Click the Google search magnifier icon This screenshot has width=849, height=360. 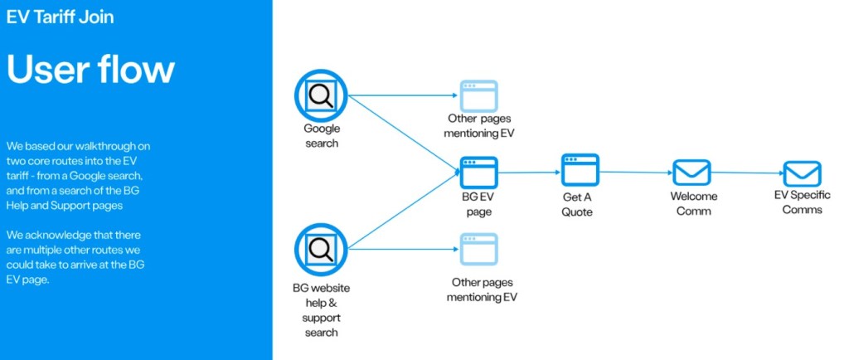321,95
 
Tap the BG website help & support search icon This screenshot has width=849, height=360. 321,250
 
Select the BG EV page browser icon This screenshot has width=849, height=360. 478,173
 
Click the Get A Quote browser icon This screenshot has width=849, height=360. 579,169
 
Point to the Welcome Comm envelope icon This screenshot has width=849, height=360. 691,173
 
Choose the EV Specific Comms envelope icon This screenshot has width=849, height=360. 802,173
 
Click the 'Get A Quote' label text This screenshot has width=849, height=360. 578,205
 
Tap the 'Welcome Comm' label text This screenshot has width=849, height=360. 694,203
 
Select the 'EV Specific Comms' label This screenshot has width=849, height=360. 803,203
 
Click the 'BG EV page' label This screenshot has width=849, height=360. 478,205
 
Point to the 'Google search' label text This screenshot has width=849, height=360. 322,136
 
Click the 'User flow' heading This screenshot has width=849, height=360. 91,69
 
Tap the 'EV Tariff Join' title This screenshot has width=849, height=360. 60,17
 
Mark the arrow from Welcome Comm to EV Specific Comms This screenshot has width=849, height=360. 746,173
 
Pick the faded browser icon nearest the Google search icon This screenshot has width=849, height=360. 479,96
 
